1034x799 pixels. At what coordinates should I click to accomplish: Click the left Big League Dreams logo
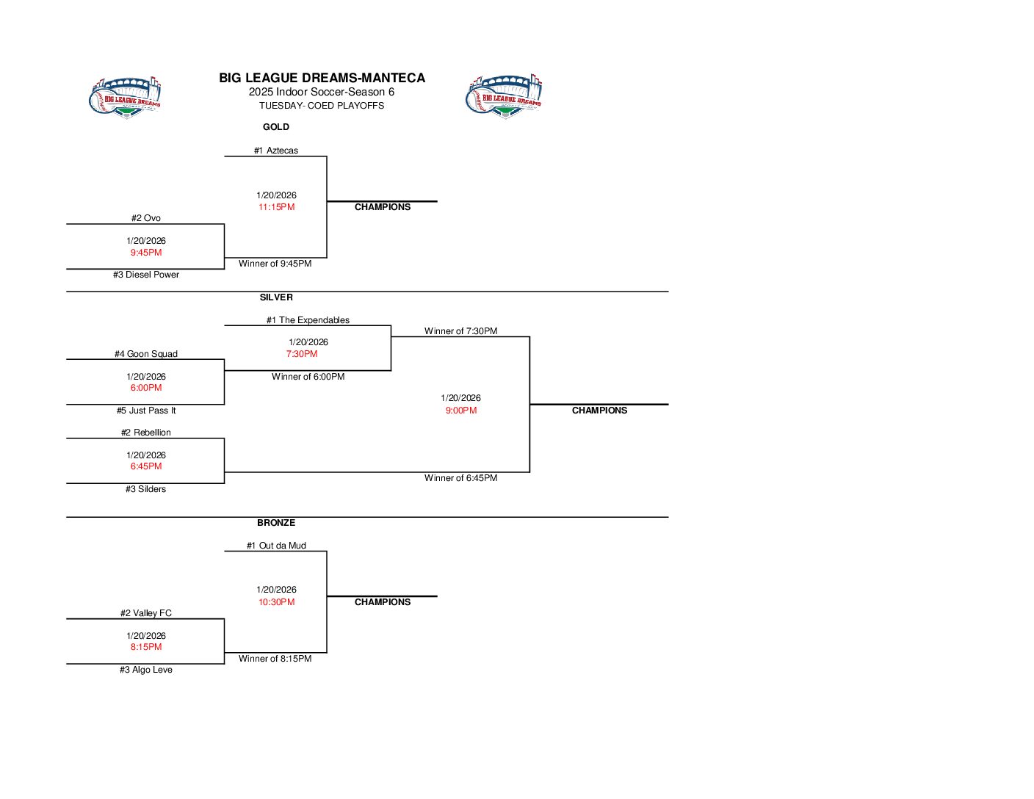point(125,96)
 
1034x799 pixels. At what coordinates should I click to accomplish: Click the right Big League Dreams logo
point(504,95)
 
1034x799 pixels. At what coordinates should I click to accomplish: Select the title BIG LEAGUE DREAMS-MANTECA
point(322,78)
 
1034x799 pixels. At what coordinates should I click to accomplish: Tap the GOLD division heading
point(276,127)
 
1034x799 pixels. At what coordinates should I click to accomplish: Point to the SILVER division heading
point(276,297)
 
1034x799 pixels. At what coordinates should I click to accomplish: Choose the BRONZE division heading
point(276,523)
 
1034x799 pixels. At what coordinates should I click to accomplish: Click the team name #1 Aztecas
point(276,151)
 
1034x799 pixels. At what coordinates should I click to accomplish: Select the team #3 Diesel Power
point(146,275)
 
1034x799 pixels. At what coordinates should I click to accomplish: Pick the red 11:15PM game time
point(276,207)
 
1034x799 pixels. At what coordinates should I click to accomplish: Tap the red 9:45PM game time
point(146,253)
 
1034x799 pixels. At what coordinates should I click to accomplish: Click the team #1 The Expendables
point(308,320)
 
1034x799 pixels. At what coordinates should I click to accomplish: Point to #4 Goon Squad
point(146,354)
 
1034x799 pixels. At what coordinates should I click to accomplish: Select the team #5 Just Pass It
point(146,411)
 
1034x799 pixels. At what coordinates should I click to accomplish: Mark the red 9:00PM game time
point(461,411)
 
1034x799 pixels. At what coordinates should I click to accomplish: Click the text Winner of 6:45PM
point(461,478)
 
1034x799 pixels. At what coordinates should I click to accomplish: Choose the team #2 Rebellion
point(146,433)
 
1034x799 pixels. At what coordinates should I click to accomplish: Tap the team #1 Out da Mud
point(276,546)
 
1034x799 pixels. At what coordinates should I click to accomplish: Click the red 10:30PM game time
point(276,602)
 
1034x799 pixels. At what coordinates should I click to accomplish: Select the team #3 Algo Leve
point(146,670)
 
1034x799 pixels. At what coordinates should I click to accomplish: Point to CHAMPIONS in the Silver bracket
point(599,411)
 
